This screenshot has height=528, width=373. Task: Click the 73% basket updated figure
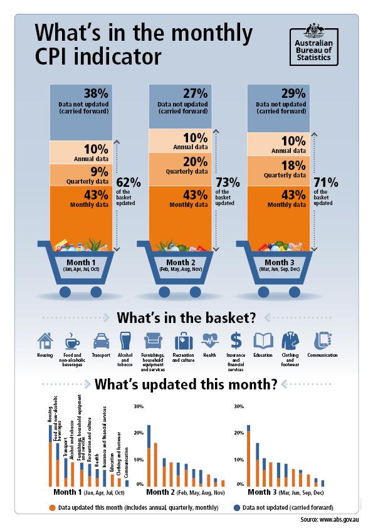(x=227, y=183)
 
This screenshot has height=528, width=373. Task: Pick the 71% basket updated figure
(x=325, y=183)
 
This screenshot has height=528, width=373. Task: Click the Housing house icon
(x=45, y=341)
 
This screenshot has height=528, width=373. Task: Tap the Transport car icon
(x=102, y=341)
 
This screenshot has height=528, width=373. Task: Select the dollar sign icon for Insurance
(x=236, y=341)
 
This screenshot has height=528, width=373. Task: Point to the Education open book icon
(x=263, y=341)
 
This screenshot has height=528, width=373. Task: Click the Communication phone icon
(x=322, y=340)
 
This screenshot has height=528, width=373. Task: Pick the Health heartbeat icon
(x=209, y=341)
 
